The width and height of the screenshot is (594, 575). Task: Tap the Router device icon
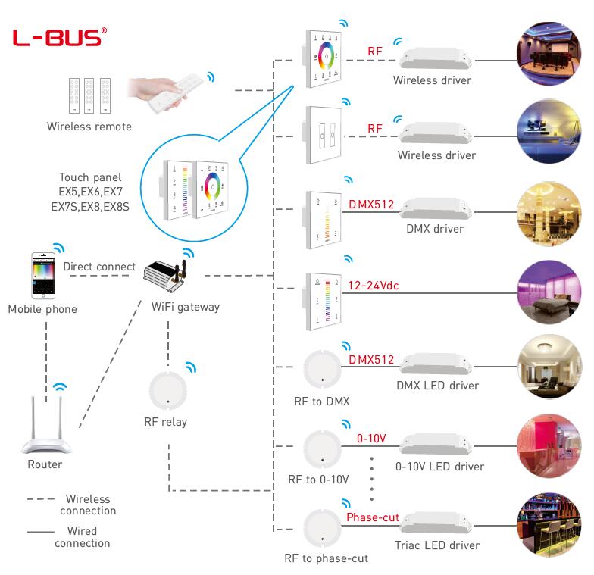pos(46,424)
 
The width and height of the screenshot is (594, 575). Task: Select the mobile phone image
pos(43,276)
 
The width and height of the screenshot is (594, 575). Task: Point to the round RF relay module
pos(168,391)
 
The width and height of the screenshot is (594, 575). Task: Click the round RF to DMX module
pos(323,369)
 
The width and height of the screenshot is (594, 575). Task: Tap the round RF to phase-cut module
pos(323,528)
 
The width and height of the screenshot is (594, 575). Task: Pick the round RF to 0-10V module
pos(323,449)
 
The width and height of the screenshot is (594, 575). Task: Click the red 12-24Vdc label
pos(373,285)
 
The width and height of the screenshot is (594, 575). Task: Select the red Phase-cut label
pos(373,517)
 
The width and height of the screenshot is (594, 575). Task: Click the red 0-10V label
pos(371,439)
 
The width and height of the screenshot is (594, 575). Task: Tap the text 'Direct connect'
pos(99,267)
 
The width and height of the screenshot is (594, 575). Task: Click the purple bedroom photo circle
pos(549,292)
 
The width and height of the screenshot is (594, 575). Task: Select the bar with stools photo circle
pos(549,525)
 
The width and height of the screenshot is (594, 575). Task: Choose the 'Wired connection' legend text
pos(82,536)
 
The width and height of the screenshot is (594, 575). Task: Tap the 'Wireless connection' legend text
pos(88,505)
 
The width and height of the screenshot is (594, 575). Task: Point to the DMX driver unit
pos(436,208)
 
